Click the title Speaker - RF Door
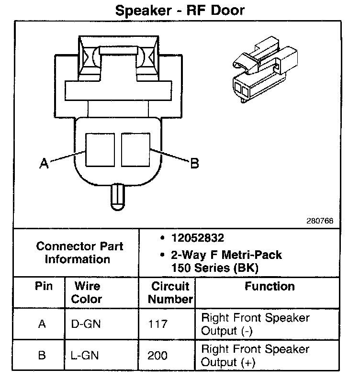pyautogui.click(x=180, y=11)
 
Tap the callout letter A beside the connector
pyautogui.click(x=44, y=164)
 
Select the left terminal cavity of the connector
pyautogui.click(x=100, y=149)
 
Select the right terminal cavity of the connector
pyautogui.click(x=136, y=149)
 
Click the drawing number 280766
pyautogui.click(x=320, y=221)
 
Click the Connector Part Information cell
pyautogui.click(x=79, y=253)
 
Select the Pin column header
pyautogui.click(x=43, y=286)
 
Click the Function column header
pyautogui.click(x=270, y=286)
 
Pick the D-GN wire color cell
pyautogui.click(x=87, y=324)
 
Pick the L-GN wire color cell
pyautogui.click(x=86, y=356)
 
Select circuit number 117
pyautogui.click(x=158, y=324)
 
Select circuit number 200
pyautogui.click(x=158, y=356)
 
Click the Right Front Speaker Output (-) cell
pyautogui.click(x=255, y=324)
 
